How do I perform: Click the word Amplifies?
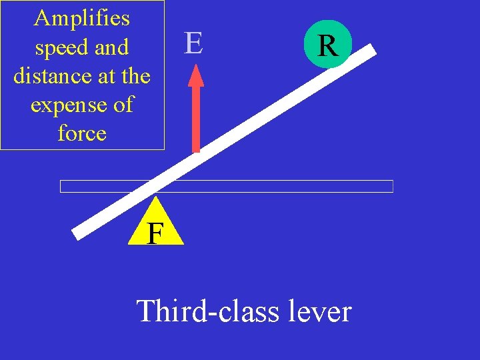click(x=82, y=18)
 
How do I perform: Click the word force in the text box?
click(x=82, y=133)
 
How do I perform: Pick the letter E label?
click(x=193, y=43)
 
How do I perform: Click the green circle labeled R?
click(x=327, y=46)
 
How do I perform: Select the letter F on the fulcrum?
click(x=155, y=233)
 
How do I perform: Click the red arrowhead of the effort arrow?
click(x=196, y=75)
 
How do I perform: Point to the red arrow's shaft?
click(x=196, y=120)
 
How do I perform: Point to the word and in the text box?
click(x=112, y=49)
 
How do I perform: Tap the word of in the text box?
click(x=123, y=105)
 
